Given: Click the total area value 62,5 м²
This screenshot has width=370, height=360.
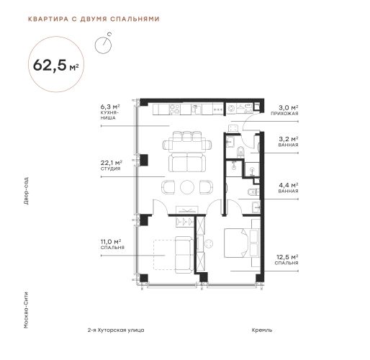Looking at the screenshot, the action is (x=55, y=65).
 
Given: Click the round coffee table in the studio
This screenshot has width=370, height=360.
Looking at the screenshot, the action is (x=187, y=187).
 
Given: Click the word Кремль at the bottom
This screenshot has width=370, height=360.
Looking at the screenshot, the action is (x=262, y=330).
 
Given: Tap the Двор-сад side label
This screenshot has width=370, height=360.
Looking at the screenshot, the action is (x=26, y=191).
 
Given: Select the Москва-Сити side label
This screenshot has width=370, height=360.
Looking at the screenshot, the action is (x=26, y=310).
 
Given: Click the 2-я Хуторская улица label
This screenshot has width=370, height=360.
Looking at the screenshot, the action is (x=116, y=330).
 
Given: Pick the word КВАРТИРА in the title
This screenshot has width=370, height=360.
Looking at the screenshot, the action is (x=48, y=19).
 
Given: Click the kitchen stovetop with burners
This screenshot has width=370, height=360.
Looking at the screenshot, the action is (x=174, y=109).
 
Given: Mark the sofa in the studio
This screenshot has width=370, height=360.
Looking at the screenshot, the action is (x=187, y=163).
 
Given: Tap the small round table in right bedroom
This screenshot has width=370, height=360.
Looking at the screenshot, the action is (x=209, y=244).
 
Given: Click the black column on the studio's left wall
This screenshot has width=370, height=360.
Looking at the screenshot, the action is (x=144, y=160).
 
